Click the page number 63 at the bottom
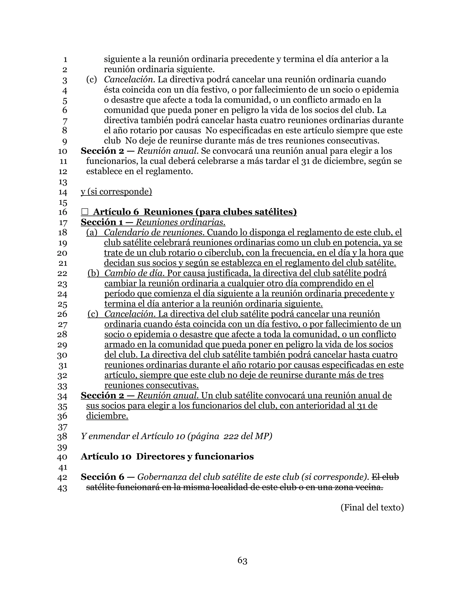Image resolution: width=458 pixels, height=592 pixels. coord(242,560)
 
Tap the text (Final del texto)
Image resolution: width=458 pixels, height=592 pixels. coord(372,507)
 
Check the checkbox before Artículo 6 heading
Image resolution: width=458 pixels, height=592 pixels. coord(85,212)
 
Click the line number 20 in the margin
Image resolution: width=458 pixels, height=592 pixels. coord(62,253)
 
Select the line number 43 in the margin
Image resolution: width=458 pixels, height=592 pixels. coord(62,488)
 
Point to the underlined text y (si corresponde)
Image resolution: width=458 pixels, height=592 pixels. coord(116,192)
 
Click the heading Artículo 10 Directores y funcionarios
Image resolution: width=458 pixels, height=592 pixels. coord(167,456)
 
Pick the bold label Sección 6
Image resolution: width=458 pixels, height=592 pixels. coord(102,477)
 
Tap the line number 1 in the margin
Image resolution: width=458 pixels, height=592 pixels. coord(65,59)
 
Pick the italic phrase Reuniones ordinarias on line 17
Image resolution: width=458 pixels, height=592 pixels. coord(180,222)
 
